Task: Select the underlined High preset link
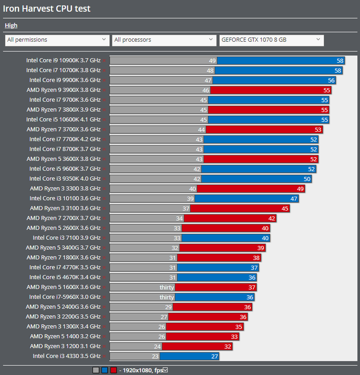click(x=11, y=26)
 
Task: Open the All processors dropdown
click(x=164, y=40)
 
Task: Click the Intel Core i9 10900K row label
click(x=63, y=60)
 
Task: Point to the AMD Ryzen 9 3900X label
click(x=63, y=90)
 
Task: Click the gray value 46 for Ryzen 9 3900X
click(x=206, y=90)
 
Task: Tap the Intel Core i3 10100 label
click(x=65, y=198)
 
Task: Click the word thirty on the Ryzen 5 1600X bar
click(x=167, y=287)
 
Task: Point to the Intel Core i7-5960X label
click(x=65, y=297)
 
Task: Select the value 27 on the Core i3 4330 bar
click(x=214, y=356)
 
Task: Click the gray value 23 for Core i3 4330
click(x=155, y=356)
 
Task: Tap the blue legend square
click(x=104, y=370)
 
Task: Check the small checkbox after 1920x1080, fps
click(x=165, y=370)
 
